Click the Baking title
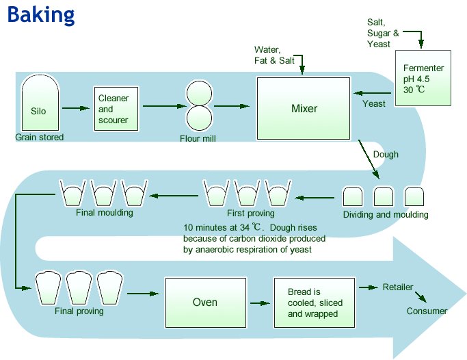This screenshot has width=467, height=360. [40, 14]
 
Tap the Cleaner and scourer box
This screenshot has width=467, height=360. [114, 110]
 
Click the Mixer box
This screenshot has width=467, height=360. [304, 108]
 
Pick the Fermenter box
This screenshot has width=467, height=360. [423, 79]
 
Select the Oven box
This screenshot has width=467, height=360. [204, 302]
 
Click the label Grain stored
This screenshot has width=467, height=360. [39, 138]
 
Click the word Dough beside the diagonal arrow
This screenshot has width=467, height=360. [386, 155]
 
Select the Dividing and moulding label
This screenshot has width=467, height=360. [385, 215]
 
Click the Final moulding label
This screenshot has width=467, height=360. [105, 212]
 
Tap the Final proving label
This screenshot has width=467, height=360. [79, 311]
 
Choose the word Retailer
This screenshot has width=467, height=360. [397, 287]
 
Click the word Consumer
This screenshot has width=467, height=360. [427, 311]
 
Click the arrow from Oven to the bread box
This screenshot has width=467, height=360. [259, 303]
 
